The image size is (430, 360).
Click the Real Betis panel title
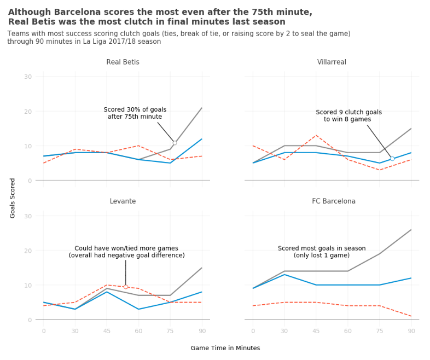[x=123, y=62]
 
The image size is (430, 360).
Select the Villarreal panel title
[x=332, y=62]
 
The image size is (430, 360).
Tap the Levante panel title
[x=123, y=201]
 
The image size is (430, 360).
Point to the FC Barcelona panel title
[x=334, y=201]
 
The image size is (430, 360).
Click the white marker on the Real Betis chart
[x=175, y=143]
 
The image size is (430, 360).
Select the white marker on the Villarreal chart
[x=392, y=159]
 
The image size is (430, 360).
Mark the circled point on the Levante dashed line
[x=125, y=287]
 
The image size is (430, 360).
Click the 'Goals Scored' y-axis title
[x=13, y=198]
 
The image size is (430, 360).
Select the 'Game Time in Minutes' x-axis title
[x=225, y=348]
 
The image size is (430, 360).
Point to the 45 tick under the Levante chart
[x=107, y=331]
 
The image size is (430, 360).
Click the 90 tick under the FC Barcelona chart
[x=411, y=331]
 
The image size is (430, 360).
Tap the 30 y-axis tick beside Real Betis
[x=28, y=77]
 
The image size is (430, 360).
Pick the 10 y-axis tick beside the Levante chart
[x=28, y=285]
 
